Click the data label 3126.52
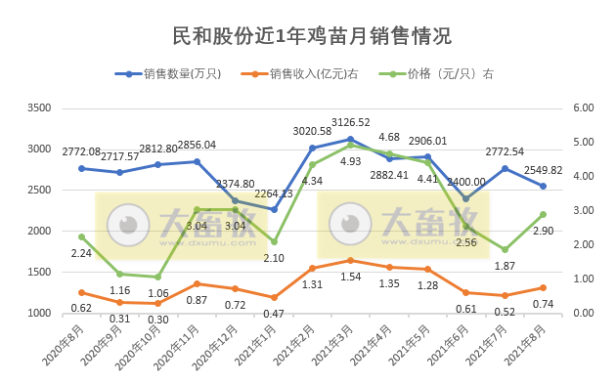[351, 122]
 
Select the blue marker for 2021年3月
[351, 139]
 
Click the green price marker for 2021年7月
[505, 249]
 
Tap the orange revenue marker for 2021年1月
[274, 297]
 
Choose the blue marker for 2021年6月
[466, 198]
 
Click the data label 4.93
[351, 161]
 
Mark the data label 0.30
[158, 319]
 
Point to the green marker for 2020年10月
[158, 277]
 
